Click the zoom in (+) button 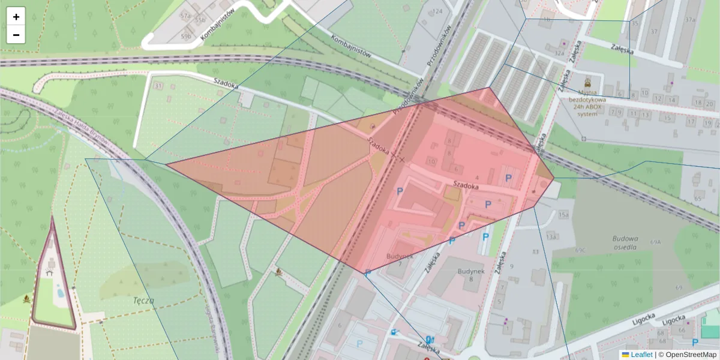16,17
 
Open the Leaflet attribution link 641,355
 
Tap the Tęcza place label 144,301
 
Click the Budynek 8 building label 470,275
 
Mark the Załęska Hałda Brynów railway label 80,128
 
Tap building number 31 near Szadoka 158,87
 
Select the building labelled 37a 690,20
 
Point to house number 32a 559,53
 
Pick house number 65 698,199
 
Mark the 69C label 580,250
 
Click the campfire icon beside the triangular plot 27,298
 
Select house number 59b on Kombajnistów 186,37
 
